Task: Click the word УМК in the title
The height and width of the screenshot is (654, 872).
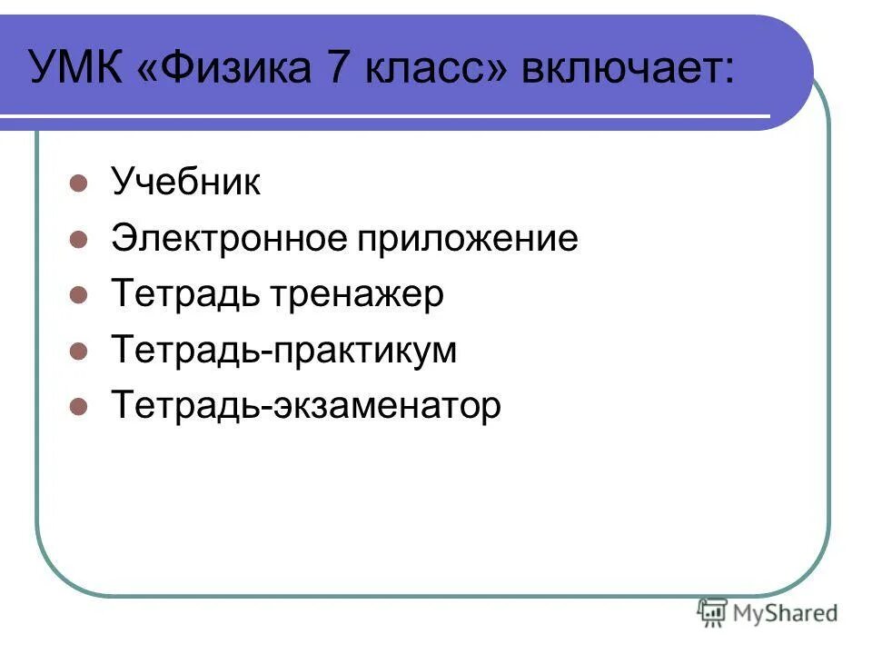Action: (76, 69)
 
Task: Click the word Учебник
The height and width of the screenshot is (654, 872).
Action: (185, 183)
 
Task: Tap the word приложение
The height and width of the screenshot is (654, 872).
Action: (467, 240)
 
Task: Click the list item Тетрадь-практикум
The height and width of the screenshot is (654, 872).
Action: (283, 351)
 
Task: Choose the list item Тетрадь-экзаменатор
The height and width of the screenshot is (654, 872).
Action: (305, 406)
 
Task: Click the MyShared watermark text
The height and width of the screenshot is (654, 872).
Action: (786, 613)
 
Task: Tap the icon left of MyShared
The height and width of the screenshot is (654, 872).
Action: (712, 612)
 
